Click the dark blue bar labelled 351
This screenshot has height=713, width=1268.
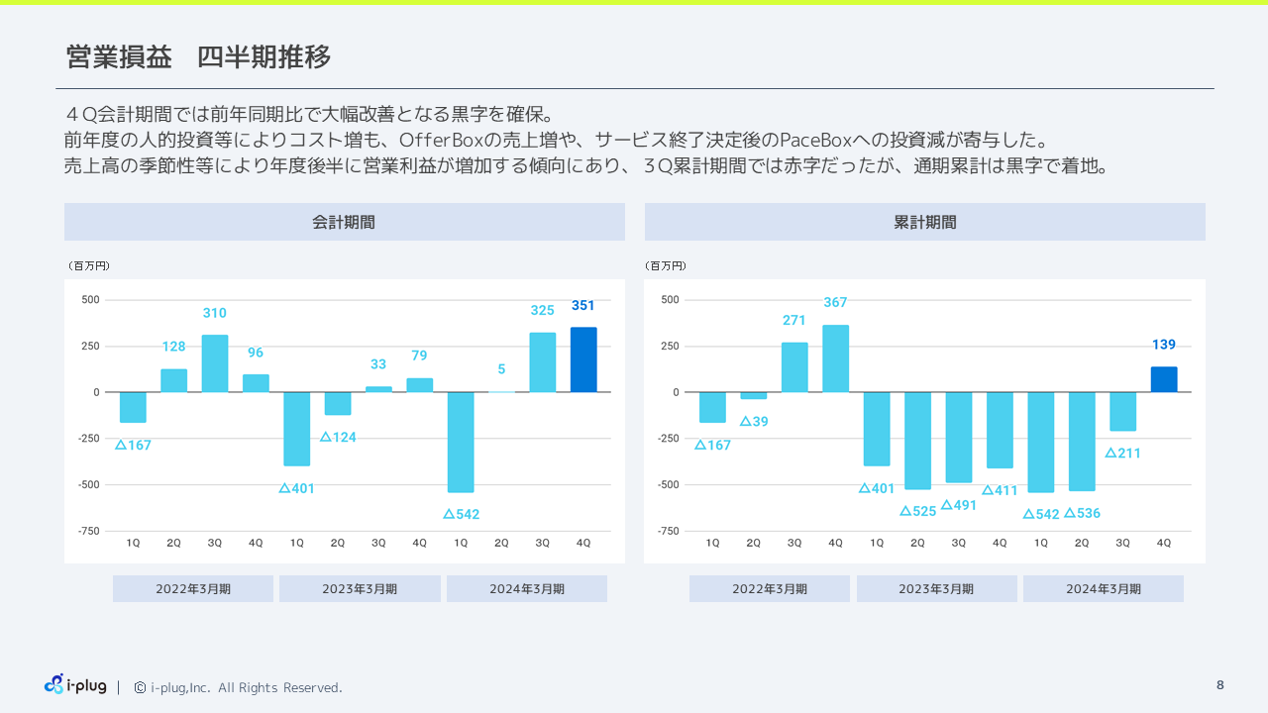pyautogui.click(x=583, y=359)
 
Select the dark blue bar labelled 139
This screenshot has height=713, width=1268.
pyautogui.click(x=1164, y=379)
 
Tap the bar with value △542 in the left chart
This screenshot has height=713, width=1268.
pyautogui.click(x=461, y=442)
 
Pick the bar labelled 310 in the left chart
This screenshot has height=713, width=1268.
pyautogui.click(x=215, y=363)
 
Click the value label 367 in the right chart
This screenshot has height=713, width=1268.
pyautogui.click(x=835, y=302)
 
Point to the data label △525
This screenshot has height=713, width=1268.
pyautogui.click(x=918, y=511)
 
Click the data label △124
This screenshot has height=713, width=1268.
pyautogui.click(x=338, y=437)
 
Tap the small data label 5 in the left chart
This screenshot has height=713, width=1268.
pyautogui.click(x=501, y=369)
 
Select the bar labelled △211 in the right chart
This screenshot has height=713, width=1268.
pyautogui.click(x=1122, y=411)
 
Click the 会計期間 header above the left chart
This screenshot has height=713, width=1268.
pyautogui.click(x=344, y=222)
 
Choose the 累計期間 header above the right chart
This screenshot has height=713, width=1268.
pyautogui.click(x=924, y=222)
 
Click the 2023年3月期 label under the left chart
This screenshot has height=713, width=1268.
pyautogui.click(x=360, y=589)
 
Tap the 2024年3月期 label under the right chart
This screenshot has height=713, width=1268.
pyautogui.click(x=1103, y=589)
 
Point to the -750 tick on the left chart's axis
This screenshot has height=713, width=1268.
pyautogui.click(x=89, y=531)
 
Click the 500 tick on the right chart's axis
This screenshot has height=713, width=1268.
pyautogui.click(x=670, y=299)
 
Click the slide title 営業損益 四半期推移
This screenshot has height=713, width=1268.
pyautogui.click(x=198, y=57)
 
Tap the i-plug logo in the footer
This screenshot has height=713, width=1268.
pyautogui.click(x=75, y=684)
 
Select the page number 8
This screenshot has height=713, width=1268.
pyautogui.click(x=1219, y=685)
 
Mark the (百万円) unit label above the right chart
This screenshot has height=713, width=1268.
pyautogui.click(x=666, y=265)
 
